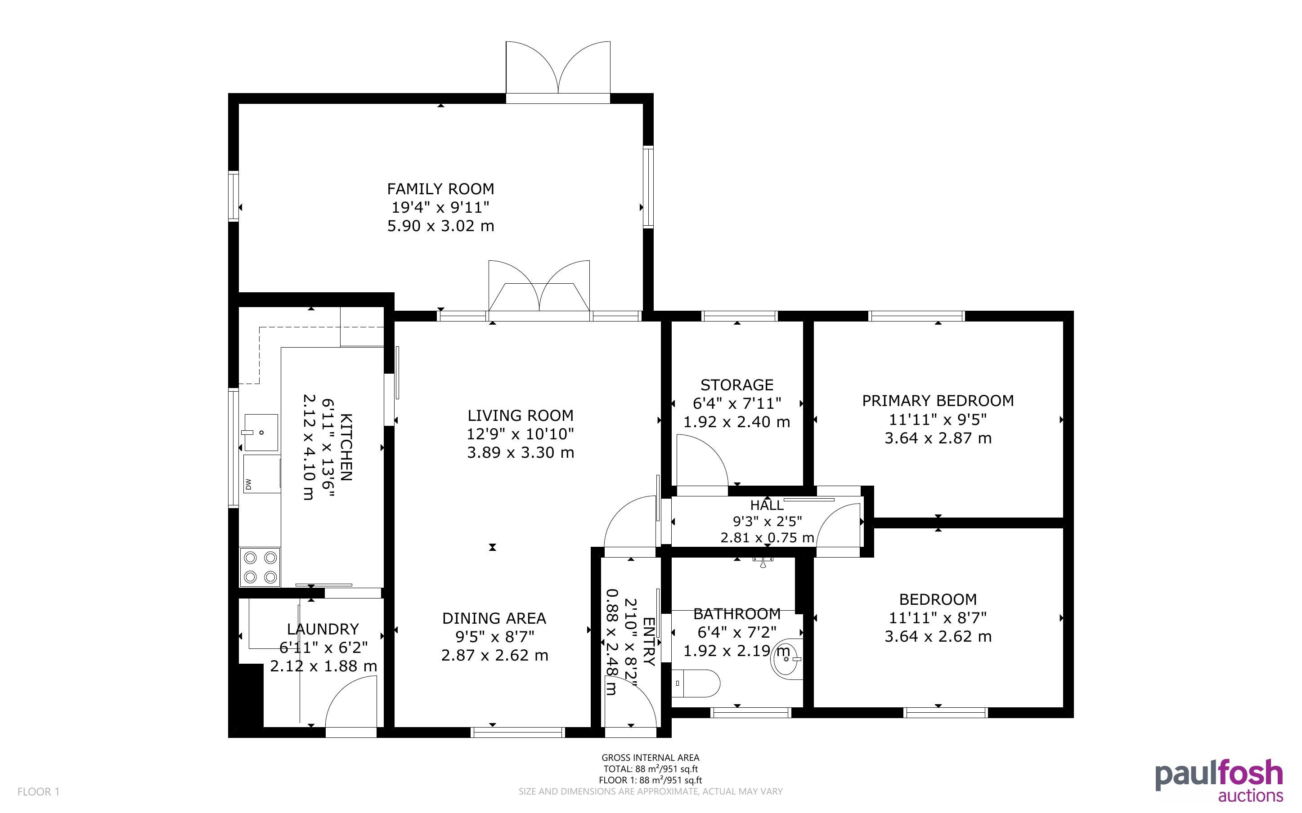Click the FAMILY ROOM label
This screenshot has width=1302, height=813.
[440, 189]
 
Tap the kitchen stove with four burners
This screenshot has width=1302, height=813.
[260, 567]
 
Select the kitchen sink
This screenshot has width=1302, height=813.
[261, 432]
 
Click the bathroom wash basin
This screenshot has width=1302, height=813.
[787, 657]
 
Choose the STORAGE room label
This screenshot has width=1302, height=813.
[737, 384]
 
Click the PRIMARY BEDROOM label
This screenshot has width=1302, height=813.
[938, 401]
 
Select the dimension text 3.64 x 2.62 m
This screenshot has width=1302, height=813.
[938, 636]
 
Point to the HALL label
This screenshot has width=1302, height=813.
[767, 505]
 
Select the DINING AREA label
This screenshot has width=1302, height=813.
[494, 618]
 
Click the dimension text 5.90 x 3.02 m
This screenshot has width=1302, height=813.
[440, 226]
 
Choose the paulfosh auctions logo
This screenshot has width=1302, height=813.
[1219, 781]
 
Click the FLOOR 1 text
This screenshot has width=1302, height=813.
[38, 791]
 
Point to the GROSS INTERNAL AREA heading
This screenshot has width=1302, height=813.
[650, 758]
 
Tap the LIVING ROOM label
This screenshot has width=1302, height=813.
[520, 415]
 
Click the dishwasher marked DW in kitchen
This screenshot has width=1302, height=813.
[262, 474]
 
